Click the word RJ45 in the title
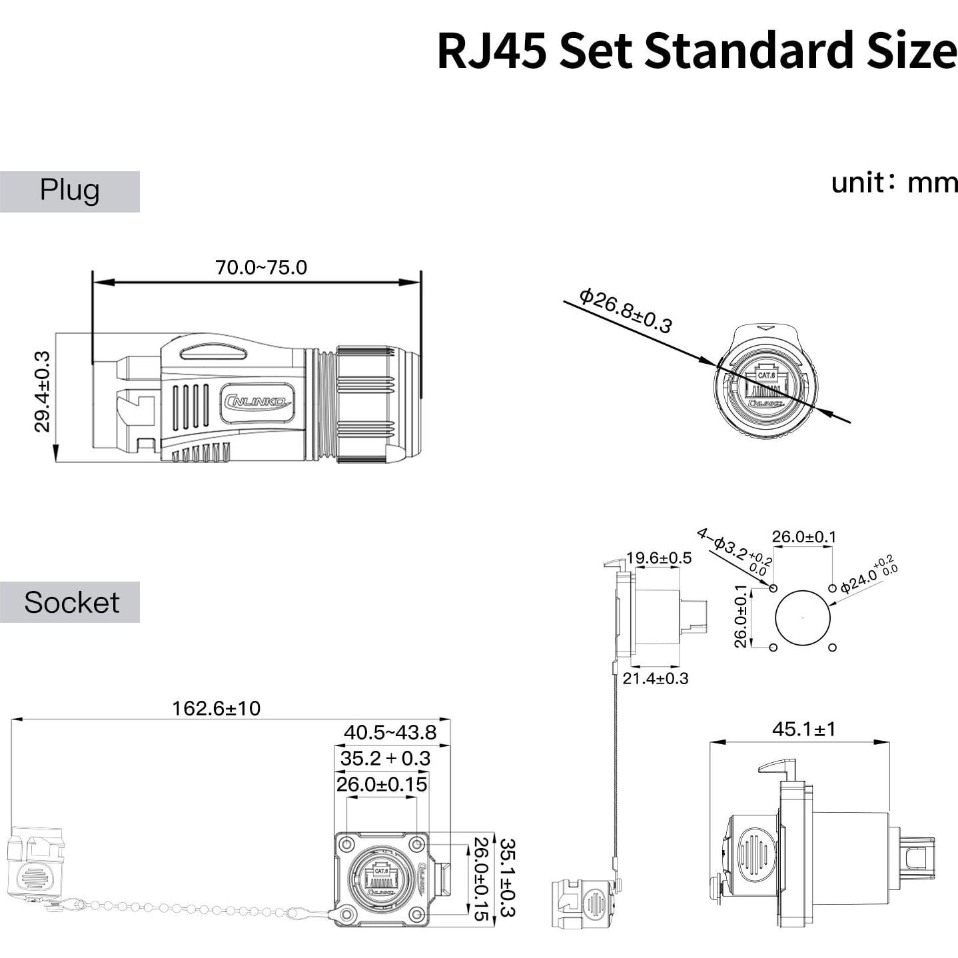click(x=492, y=51)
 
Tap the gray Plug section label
click(x=69, y=191)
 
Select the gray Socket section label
click(x=70, y=602)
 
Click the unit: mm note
click(x=893, y=182)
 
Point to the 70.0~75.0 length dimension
click(x=260, y=267)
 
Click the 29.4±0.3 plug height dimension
click(x=43, y=392)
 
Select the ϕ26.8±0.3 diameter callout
click(x=626, y=310)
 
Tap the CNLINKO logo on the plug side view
click(x=257, y=402)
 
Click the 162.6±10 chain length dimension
click(x=216, y=708)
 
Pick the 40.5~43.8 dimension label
click(x=390, y=732)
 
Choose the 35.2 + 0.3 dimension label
click(x=385, y=758)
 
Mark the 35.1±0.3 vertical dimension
click(x=508, y=877)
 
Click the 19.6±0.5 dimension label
click(x=658, y=558)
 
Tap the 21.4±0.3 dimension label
click(x=655, y=678)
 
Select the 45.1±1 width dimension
click(x=803, y=729)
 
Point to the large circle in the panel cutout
click(x=803, y=618)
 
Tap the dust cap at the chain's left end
click(x=37, y=866)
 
